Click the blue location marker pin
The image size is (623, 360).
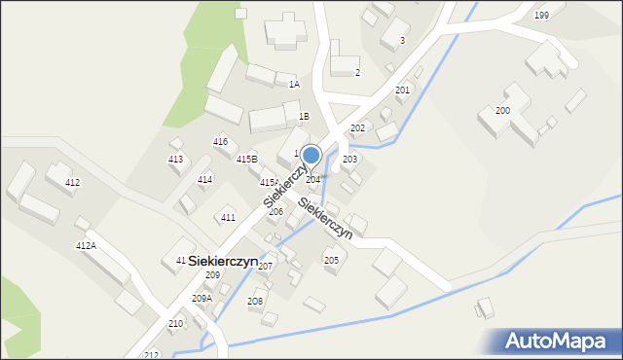(311, 156)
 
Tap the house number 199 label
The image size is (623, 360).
(541, 16)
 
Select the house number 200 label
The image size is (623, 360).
(502, 111)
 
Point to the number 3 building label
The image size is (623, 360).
(402, 41)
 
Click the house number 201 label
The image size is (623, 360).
(402, 90)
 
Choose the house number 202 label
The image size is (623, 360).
(357, 128)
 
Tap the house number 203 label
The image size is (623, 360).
(349, 159)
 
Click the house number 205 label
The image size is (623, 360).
(331, 260)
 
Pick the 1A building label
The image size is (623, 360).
(294, 85)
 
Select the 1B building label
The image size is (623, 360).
(304, 117)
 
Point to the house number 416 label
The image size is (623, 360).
(221, 142)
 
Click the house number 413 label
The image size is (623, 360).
(175, 159)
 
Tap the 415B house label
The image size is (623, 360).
(246, 159)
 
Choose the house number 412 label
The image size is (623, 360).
(72, 183)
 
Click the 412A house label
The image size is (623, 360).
(86, 246)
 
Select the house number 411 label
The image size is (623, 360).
(228, 217)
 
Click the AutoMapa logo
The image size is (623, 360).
(558, 341)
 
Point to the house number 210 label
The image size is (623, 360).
(175, 323)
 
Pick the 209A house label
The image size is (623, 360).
(202, 298)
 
